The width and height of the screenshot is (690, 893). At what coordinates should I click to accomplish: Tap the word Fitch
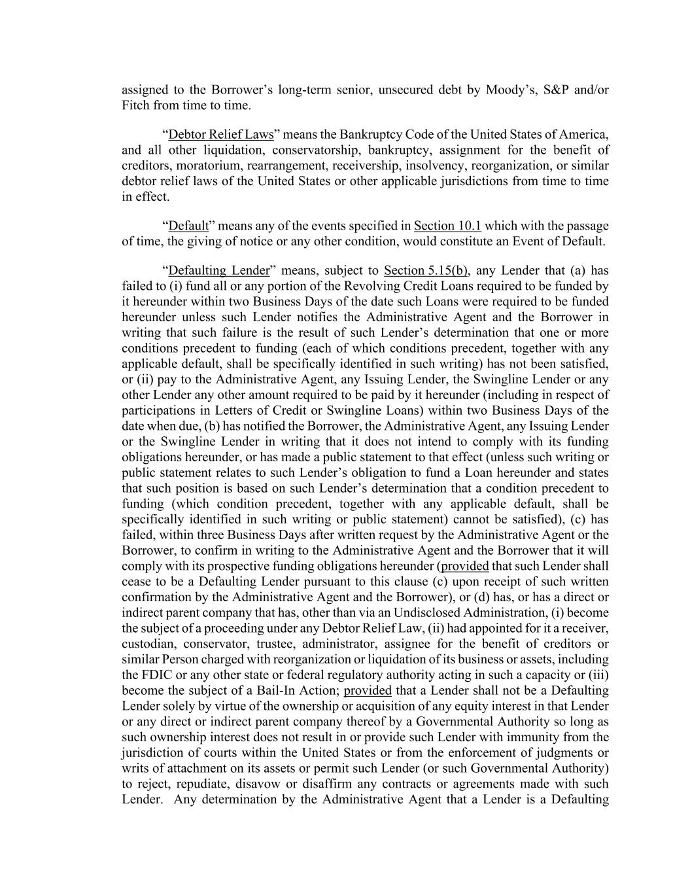click(136, 105)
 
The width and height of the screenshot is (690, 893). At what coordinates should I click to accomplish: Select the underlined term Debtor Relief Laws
click(220, 135)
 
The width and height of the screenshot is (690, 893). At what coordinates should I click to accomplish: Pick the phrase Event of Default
click(560, 241)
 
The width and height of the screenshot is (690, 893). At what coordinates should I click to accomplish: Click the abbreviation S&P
click(557, 90)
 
